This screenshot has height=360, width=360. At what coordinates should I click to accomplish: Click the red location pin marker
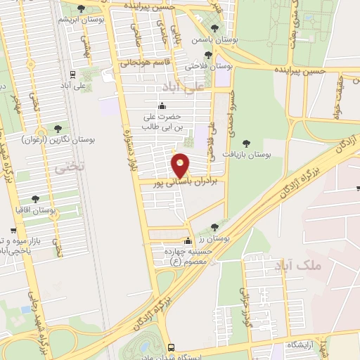(x=181, y=165)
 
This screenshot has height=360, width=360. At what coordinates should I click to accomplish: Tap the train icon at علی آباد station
(x=73, y=74)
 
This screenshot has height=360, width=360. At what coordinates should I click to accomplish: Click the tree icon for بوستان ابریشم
(x=82, y=9)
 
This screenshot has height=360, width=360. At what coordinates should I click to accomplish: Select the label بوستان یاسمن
(x=214, y=41)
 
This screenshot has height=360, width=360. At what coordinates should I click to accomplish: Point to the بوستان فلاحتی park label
(x=209, y=66)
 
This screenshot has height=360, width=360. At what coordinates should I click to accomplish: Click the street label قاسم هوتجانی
(x=167, y=63)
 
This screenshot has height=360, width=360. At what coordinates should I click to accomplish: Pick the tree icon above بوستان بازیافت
(x=245, y=143)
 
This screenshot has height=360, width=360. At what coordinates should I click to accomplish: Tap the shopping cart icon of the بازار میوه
(x=13, y=231)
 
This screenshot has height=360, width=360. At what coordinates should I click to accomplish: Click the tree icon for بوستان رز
(x=214, y=227)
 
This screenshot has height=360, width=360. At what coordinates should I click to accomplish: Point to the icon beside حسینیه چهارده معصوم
(x=187, y=240)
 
